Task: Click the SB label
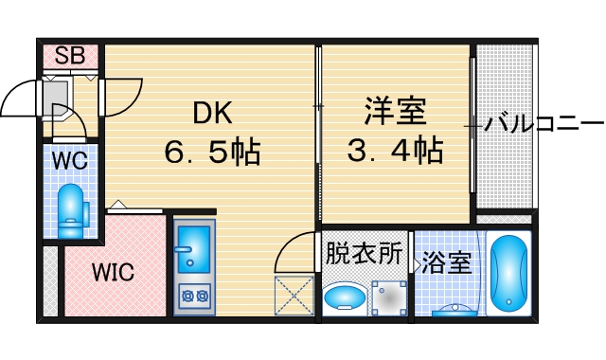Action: [x=69, y=55]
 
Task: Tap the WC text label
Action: [x=69, y=160]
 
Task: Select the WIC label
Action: [x=113, y=272]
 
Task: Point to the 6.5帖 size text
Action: [x=214, y=151]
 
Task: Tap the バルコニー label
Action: [x=544, y=124]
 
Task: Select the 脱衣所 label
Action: [x=365, y=254]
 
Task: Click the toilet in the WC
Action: [x=70, y=210]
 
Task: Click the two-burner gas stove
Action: [x=195, y=296]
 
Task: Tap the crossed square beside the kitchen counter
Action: [x=294, y=296]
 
